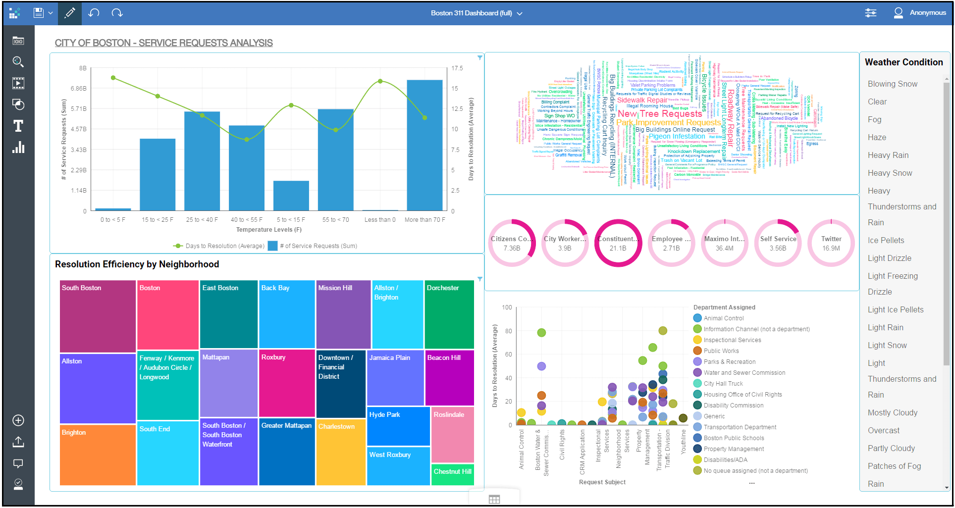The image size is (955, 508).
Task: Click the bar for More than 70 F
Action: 424,145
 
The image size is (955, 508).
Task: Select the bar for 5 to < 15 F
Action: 291,196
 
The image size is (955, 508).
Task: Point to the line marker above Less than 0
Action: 380,81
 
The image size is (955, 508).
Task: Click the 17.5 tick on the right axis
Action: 457,68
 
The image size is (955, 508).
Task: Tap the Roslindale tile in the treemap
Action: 452,434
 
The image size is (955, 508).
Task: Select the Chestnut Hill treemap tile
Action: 452,474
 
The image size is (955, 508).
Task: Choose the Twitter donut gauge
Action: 831,243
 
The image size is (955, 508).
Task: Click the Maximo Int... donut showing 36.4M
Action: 724,243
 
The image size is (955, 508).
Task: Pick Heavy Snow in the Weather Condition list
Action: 890,173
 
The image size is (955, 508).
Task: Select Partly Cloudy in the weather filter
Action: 891,449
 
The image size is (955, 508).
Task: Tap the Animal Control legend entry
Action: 723,318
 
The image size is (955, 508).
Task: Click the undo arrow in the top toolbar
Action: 94,13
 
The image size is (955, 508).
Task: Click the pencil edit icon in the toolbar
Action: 69,13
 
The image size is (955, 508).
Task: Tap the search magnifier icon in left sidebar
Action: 18,62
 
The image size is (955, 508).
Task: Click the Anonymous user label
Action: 927,13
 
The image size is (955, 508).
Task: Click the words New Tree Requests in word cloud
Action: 659,114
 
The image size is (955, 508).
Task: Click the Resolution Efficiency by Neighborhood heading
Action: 137,264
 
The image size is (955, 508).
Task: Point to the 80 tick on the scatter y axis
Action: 508,331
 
